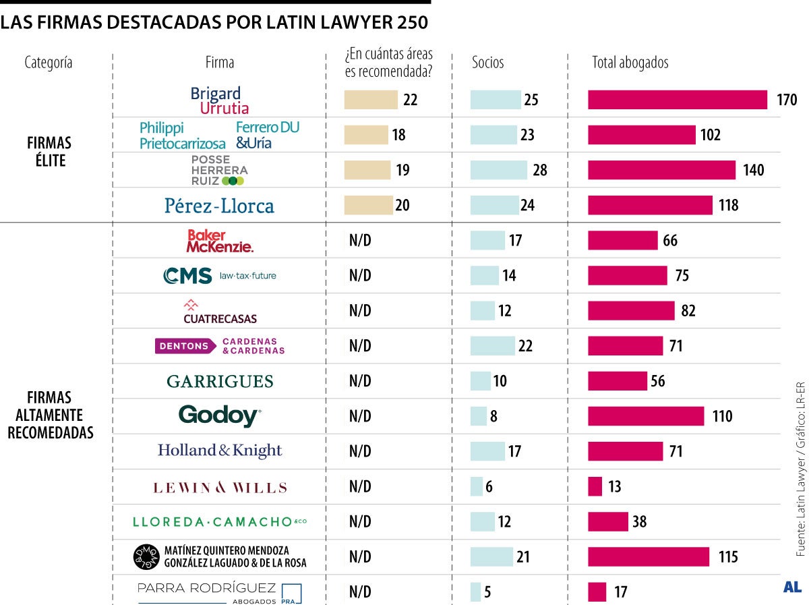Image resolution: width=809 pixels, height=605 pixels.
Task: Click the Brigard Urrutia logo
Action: (220, 100)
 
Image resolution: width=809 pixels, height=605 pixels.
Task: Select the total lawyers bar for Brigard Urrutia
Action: (678, 100)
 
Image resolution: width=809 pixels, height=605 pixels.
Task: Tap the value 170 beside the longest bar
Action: (786, 100)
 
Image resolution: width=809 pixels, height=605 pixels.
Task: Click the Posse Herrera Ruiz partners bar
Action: (499, 170)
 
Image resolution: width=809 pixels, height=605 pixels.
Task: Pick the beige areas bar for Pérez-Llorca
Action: (368, 205)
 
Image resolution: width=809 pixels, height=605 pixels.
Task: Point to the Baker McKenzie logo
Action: (220, 241)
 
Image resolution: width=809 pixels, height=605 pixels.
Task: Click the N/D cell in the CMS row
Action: (360, 276)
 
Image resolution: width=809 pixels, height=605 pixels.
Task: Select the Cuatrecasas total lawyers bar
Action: (631, 311)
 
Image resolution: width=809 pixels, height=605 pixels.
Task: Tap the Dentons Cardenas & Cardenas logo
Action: (220, 346)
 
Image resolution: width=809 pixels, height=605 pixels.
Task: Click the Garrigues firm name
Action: (220, 381)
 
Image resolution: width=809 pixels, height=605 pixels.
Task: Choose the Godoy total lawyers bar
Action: (646, 416)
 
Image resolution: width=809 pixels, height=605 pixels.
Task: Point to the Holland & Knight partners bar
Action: (487, 451)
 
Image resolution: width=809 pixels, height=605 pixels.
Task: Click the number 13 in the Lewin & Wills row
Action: (614, 486)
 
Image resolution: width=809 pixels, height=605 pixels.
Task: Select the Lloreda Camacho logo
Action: (220, 521)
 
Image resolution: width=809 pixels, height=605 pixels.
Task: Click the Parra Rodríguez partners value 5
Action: (487, 592)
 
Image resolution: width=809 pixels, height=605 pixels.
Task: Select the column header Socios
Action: (487, 63)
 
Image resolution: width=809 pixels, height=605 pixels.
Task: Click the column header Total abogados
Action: (630, 63)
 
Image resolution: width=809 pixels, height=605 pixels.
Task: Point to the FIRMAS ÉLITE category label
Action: (49, 152)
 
